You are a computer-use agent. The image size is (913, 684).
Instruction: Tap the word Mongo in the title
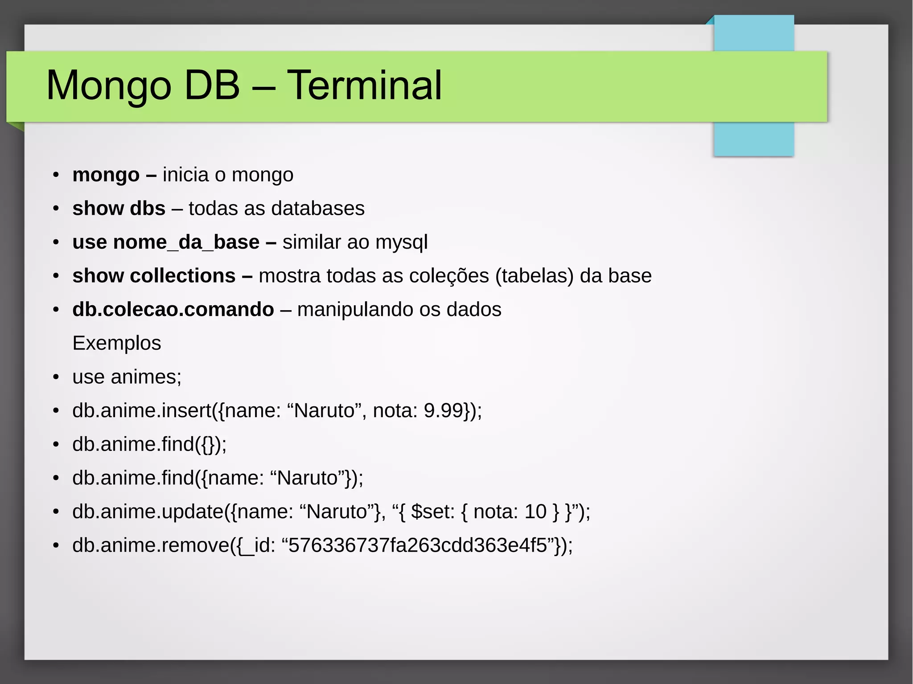coord(108,86)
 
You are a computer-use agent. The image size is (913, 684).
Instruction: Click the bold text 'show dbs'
coord(119,209)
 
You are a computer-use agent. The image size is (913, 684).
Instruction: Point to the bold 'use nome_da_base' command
coord(166,242)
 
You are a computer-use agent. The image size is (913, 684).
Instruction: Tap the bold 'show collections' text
coord(154,276)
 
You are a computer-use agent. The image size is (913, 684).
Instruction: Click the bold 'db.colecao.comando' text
coord(173,310)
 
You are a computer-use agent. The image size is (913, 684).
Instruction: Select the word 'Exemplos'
coord(116,344)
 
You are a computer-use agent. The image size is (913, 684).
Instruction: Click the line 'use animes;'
coord(127,377)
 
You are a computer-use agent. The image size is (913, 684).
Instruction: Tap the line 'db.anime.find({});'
coord(149,445)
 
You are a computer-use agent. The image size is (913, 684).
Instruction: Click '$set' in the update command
coord(431,512)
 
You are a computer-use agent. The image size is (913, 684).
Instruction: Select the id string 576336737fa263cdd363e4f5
coord(417,545)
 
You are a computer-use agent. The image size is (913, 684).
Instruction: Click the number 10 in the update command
coord(535,512)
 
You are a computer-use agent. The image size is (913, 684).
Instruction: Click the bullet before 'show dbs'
coord(56,209)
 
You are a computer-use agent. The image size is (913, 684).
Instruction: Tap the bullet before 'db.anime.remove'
coord(56,546)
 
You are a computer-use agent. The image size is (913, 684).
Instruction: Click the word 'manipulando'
coord(355,310)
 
